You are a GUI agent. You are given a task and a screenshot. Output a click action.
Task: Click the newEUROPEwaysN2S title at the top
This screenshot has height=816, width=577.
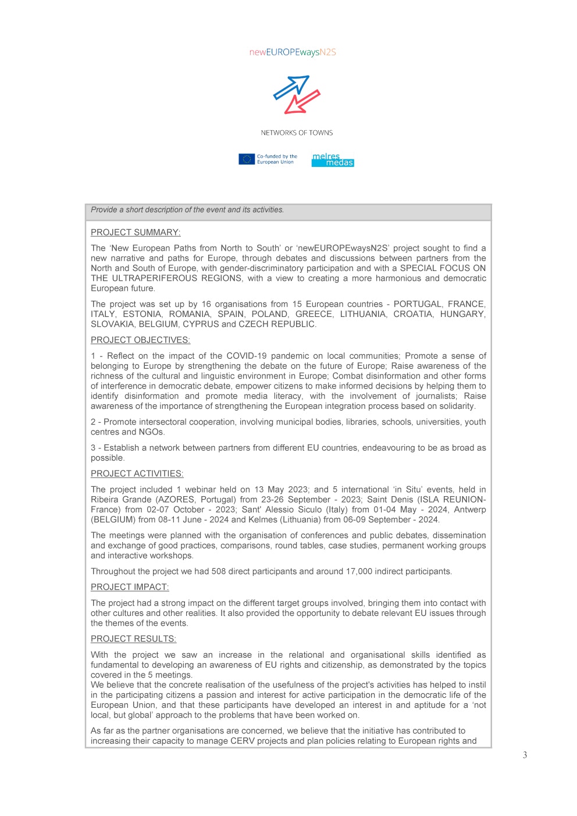293,52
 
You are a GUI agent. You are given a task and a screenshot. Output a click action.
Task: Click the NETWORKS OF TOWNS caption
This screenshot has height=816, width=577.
297,133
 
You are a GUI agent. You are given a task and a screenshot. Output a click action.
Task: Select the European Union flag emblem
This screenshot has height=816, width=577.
247,159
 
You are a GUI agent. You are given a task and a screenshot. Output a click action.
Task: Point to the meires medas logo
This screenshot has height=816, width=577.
333,160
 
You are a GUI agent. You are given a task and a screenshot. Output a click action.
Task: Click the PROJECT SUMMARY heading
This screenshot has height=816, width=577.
136,233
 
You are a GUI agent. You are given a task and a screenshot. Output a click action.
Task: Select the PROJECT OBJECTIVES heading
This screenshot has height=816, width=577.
140,340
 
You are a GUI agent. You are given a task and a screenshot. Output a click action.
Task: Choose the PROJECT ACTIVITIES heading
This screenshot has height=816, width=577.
137,474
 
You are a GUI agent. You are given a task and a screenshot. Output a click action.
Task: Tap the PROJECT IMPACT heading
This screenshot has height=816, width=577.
130,587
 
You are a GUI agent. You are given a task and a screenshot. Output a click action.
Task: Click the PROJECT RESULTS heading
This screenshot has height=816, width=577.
133,639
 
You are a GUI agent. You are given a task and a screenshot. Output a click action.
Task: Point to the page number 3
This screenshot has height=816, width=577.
525,755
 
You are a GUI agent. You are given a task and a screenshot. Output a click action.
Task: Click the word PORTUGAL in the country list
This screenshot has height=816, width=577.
418,304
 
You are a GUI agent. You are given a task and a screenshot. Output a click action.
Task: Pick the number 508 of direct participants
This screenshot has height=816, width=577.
219,572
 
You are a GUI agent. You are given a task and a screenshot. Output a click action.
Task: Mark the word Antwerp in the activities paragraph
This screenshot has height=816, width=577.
470,509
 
